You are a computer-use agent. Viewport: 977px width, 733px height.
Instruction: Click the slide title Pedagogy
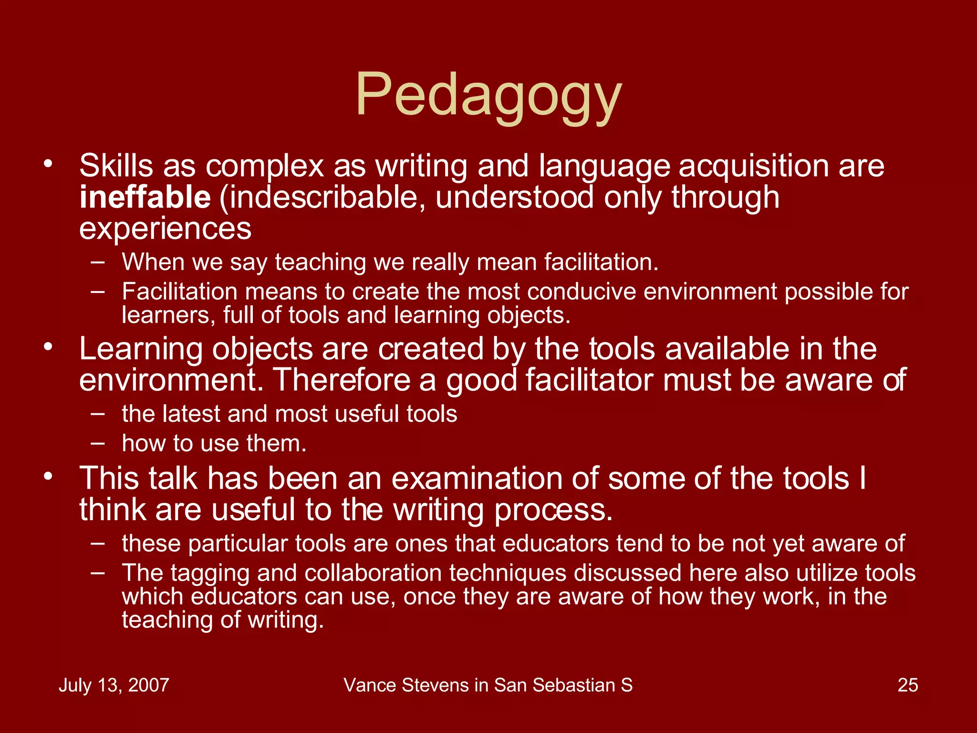pos(488,95)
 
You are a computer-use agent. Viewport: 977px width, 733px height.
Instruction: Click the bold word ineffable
pos(145,197)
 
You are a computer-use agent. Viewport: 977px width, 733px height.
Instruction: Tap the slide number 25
pos(907,685)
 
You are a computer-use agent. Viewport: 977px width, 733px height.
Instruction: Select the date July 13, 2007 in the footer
pos(114,685)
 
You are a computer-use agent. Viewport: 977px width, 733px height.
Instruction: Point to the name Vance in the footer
pos(370,685)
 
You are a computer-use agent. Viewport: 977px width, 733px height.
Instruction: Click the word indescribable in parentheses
pos(326,197)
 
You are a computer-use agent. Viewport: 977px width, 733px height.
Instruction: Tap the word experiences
pos(165,229)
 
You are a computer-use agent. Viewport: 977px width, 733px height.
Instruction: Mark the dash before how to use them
pos(98,443)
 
